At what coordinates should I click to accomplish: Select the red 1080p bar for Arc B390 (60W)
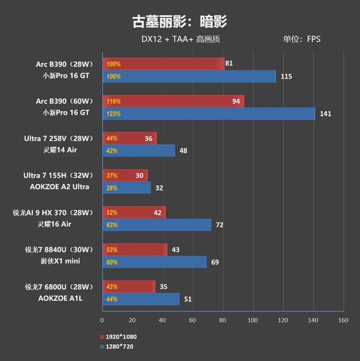tap(173, 101)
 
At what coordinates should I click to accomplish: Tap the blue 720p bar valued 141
tap(209, 114)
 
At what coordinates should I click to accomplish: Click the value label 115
tap(286, 77)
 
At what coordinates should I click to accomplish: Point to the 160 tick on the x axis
tap(343, 320)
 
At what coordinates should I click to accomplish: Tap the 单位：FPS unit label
tap(301, 39)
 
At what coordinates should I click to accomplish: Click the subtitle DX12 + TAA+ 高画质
tap(180, 39)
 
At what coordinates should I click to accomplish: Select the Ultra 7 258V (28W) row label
tap(58, 139)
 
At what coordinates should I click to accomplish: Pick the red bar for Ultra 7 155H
tap(125, 176)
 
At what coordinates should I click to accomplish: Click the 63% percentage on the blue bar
tap(112, 225)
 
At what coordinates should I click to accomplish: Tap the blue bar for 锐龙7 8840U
tap(154, 262)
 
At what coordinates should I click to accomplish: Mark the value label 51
tap(188, 299)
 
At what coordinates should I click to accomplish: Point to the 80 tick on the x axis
tap(223, 320)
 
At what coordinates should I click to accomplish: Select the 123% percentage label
tap(113, 114)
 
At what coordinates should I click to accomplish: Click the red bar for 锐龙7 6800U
tap(129, 286)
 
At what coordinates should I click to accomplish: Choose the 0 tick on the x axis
tap(102, 320)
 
